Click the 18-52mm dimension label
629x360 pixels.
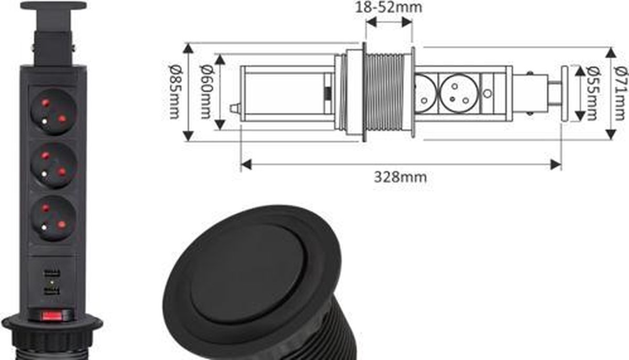click(x=388, y=7)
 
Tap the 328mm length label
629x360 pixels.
click(x=400, y=178)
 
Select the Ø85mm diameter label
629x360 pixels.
click(x=176, y=92)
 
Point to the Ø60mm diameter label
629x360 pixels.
click(x=207, y=92)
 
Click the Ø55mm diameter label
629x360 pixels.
click(x=593, y=93)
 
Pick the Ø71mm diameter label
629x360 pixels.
click(x=621, y=93)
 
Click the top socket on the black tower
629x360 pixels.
click(x=53, y=112)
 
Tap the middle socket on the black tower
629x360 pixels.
click(x=53, y=165)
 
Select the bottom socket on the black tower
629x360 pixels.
click(x=53, y=218)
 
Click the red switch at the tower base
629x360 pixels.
click(x=52, y=315)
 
